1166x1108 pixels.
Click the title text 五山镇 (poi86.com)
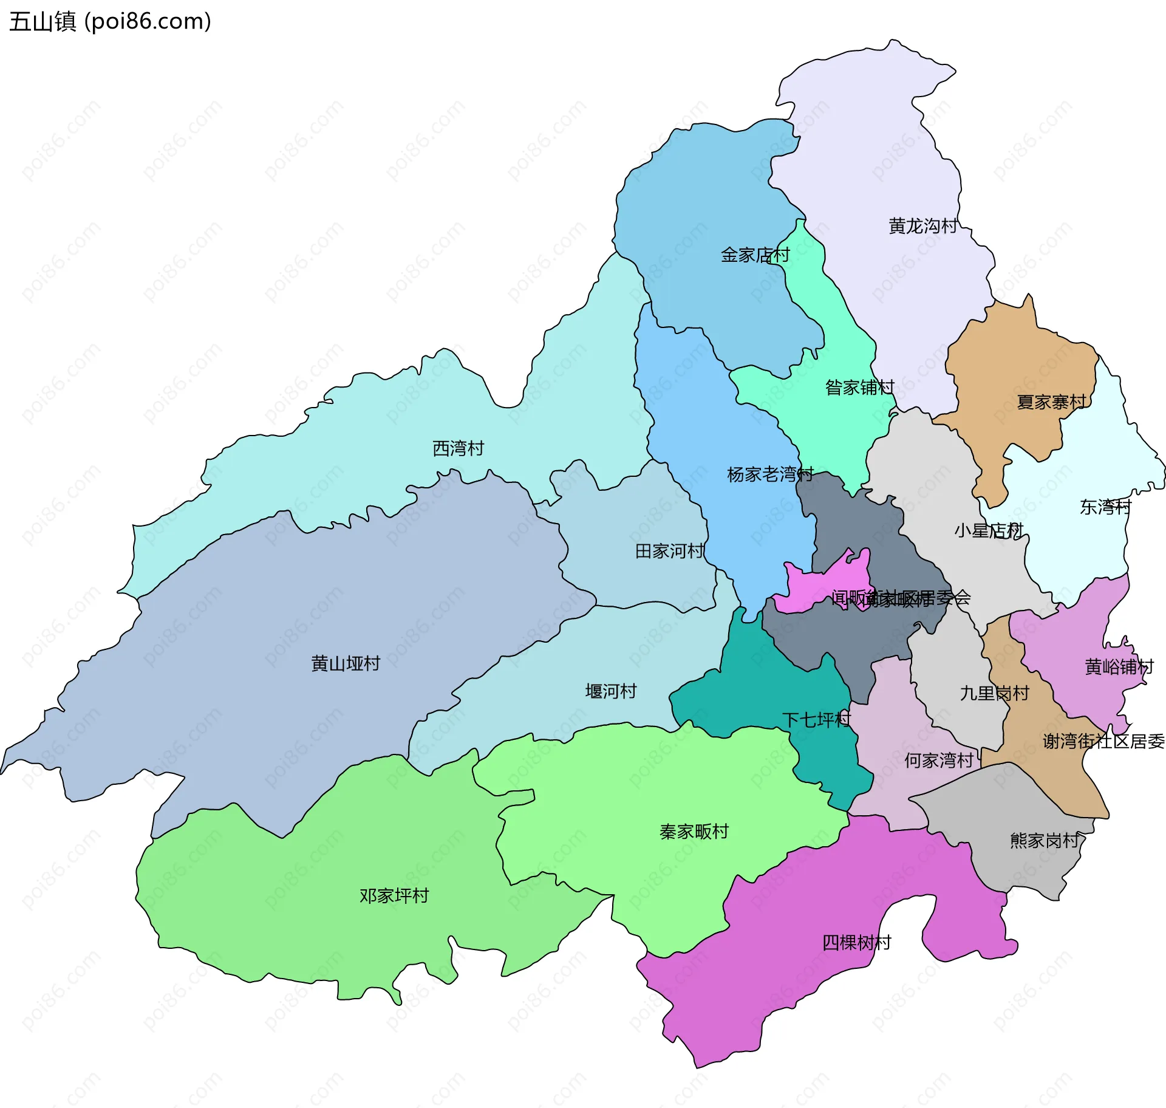pos(110,22)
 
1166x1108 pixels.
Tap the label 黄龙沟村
pos(922,226)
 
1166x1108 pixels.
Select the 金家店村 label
pos(755,255)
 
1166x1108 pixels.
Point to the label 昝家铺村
pos(859,387)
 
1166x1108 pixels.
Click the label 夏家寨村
pos(1051,402)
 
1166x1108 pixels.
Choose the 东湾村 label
pos(1105,507)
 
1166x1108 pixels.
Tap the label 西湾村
pos(458,448)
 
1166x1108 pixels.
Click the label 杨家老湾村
pos(770,474)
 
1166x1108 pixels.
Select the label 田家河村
pos(669,551)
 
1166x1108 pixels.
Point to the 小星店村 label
pos(989,531)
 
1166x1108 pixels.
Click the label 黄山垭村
pos(346,663)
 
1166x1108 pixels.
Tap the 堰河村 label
pos(610,691)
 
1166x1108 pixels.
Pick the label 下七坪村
pos(816,720)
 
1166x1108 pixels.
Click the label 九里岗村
pos(994,693)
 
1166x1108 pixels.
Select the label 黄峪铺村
pos(1119,667)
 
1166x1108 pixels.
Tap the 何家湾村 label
pos(939,761)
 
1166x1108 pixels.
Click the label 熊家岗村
pos(1045,841)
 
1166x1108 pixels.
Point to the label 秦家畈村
pos(694,832)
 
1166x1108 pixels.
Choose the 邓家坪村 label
pos(394,896)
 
